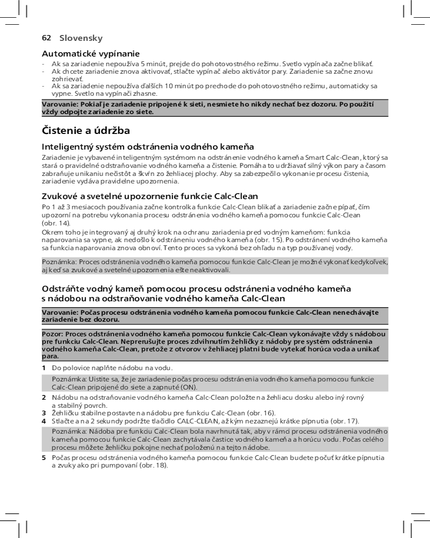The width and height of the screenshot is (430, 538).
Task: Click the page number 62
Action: pos(46,38)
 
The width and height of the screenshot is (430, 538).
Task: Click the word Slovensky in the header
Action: pos(81,38)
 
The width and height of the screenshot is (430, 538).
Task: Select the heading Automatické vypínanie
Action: pos(91,54)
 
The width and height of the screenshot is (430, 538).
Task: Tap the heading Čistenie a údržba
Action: pos(86,131)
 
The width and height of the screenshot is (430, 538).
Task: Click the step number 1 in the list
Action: pos(44,368)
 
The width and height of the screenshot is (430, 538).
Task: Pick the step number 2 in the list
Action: pos(44,398)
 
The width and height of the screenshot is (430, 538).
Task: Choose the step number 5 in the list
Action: pos(44,457)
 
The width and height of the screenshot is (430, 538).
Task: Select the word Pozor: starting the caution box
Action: pos(53,334)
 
